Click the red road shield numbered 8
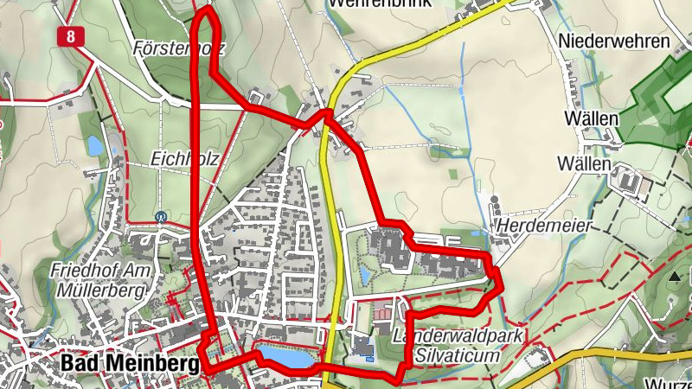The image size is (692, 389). pyautogui.click(x=69, y=35)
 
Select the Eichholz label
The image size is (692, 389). pyautogui.click(x=184, y=159)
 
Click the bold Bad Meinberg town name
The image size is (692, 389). pyautogui.click(x=131, y=365)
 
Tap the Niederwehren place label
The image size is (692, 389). pyautogui.click(x=614, y=41)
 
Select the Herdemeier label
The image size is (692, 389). pyautogui.click(x=544, y=226)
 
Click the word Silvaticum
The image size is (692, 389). pyautogui.click(x=458, y=355)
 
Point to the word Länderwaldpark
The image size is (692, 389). pyautogui.click(x=458, y=336)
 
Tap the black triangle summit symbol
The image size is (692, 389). pyautogui.click(x=674, y=277)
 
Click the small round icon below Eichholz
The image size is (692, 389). pyautogui.click(x=160, y=217)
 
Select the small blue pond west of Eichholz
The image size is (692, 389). pyautogui.click(x=94, y=145)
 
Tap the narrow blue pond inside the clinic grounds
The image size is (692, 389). pyautogui.click(x=363, y=276)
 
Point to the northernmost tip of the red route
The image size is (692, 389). pyautogui.click(x=206, y=10)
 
